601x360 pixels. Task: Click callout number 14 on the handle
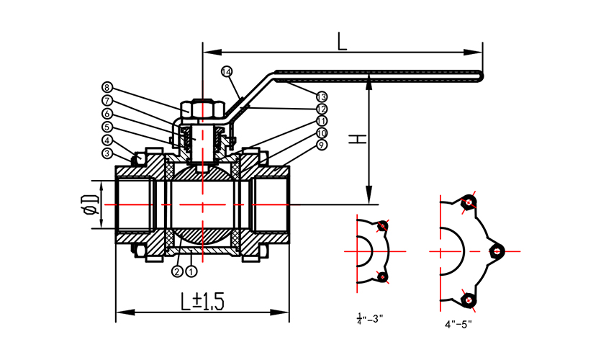pos(227,71)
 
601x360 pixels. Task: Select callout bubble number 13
pos(321,96)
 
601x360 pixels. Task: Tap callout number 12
pos(321,108)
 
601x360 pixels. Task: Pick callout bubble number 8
pos(107,87)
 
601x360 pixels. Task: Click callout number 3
pos(107,153)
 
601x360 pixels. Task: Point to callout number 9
pos(321,145)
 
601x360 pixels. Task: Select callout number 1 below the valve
pos(191,271)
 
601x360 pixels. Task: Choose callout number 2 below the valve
pos(177,271)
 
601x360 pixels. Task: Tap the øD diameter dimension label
pos(89,204)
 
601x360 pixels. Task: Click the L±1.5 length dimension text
pos(202,301)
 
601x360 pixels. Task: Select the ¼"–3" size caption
pos(370,318)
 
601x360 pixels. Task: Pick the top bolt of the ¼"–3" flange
pos(382,227)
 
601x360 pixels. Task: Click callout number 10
pos(321,133)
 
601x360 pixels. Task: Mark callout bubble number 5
pos(107,127)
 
